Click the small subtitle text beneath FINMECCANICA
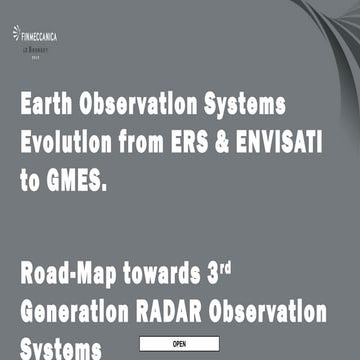point(36,46)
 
